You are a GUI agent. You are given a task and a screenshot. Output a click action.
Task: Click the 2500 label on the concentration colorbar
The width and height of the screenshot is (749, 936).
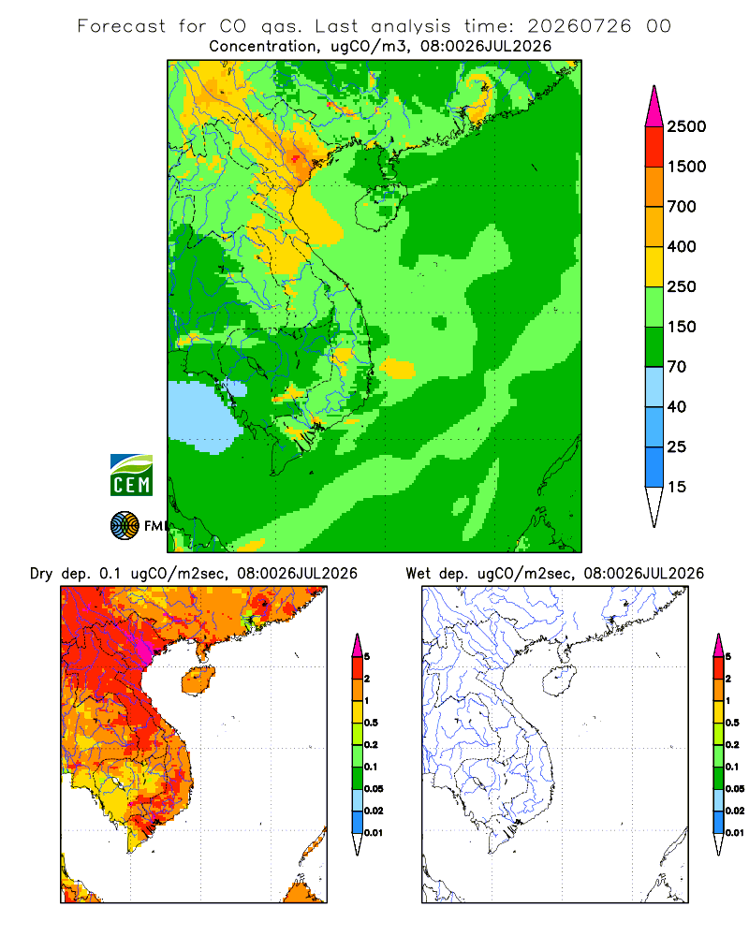click(686, 126)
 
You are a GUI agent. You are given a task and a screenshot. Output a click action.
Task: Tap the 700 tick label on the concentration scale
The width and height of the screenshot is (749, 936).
click(682, 207)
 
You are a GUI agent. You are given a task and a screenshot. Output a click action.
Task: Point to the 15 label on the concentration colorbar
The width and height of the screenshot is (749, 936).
click(677, 487)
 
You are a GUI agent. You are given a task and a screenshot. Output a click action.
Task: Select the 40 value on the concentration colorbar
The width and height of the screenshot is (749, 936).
click(677, 407)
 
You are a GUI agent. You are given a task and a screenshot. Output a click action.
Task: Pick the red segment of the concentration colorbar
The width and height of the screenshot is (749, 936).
click(654, 147)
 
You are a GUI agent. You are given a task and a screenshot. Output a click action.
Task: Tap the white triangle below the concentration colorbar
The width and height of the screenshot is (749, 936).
click(654, 505)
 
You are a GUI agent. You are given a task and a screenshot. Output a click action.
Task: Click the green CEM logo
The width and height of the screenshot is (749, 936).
click(131, 475)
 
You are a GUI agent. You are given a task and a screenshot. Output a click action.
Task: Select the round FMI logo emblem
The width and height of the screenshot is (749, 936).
click(125, 526)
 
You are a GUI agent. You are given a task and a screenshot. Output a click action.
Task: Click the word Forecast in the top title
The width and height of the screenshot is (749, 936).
click(122, 26)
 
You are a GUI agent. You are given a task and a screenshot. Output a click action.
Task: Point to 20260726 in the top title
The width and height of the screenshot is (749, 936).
click(580, 26)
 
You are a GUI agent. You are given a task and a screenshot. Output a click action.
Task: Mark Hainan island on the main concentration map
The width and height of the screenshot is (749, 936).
click(380, 207)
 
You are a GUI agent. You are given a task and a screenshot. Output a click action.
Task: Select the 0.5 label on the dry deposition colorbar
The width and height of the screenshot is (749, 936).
click(371, 723)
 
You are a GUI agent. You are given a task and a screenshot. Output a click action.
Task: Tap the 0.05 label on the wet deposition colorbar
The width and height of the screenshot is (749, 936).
click(735, 789)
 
